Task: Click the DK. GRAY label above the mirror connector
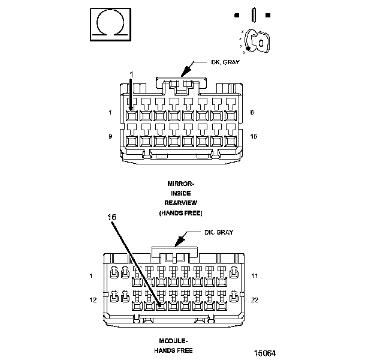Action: (224, 62)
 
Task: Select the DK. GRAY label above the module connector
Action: (218, 232)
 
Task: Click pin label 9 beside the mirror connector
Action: (110, 136)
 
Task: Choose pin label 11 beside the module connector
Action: (255, 275)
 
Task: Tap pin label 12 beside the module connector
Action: (93, 298)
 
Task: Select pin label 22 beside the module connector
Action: (255, 298)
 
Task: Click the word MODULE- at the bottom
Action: (173, 340)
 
